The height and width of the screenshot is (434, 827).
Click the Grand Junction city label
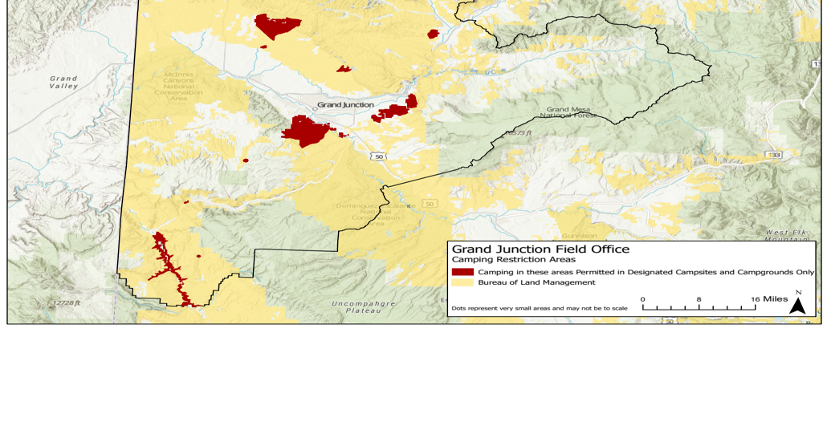[x=345, y=105]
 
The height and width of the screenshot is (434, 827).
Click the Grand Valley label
[x=63, y=82]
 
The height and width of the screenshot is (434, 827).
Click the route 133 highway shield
[x=774, y=154]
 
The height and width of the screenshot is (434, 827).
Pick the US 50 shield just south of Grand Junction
[x=378, y=156]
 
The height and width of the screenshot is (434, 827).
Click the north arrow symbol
[x=797, y=304]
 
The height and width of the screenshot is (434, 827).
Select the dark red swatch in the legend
[x=462, y=272]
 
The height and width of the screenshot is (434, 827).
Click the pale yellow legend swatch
[x=462, y=282]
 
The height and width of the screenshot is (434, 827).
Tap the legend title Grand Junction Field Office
[x=540, y=249]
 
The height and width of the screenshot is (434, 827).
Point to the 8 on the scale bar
[x=699, y=299]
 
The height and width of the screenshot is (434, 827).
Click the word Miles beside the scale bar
[x=775, y=299]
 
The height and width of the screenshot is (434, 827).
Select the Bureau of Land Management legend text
[x=536, y=282]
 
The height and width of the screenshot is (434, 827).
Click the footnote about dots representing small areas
[x=539, y=308]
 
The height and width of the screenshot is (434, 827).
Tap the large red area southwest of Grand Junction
[x=306, y=131]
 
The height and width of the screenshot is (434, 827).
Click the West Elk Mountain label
[x=785, y=235]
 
